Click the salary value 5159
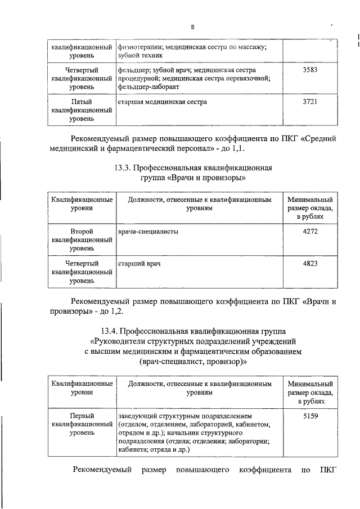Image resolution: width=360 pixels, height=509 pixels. pos(310,416)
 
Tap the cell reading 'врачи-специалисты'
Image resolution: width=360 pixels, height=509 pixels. pos(148,231)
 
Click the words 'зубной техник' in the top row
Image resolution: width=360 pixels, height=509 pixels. pos(140,56)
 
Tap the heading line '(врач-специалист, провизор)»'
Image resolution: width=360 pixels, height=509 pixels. pos(193,362)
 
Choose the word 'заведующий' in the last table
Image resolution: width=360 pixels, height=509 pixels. pos(139,416)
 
